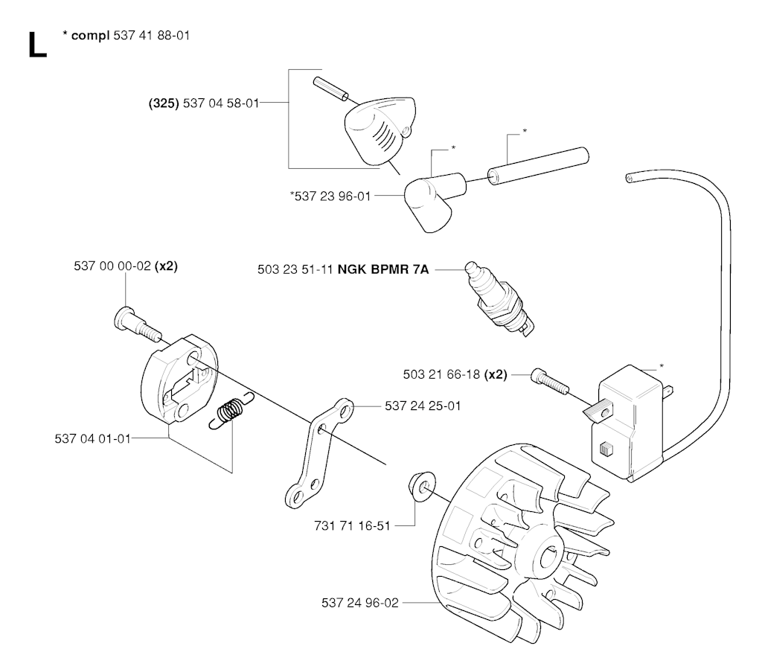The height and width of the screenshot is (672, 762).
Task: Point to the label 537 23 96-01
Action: pos(333,196)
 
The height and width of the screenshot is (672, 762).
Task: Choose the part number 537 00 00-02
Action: pos(112,266)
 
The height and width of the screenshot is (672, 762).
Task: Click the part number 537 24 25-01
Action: pos(423,406)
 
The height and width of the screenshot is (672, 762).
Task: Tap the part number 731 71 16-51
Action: pos(352,526)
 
